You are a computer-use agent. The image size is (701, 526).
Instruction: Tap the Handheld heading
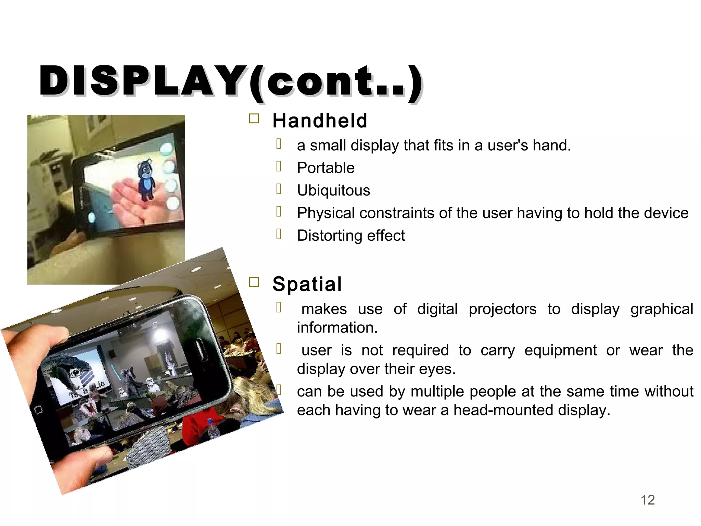[x=320, y=121]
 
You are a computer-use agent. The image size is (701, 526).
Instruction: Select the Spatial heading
[x=307, y=284]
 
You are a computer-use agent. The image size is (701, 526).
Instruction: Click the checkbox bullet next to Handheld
[x=254, y=119]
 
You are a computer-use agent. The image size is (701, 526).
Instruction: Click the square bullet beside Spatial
[x=254, y=282]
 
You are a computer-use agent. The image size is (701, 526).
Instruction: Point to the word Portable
[x=326, y=168]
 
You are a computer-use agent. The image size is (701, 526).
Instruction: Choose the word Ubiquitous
[x=333, y=191]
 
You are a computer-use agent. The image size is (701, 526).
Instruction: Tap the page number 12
[x=648, y=500]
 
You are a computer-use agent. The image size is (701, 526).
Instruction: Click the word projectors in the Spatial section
[x=502, y=309]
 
